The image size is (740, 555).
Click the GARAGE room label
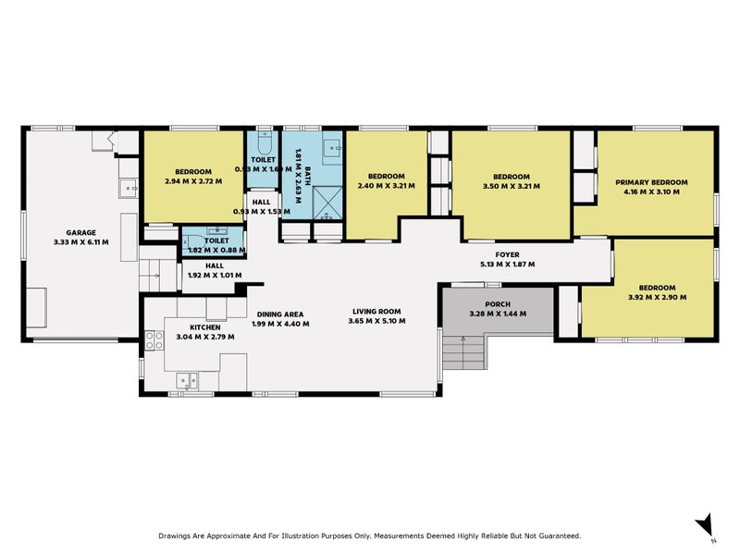[80, 233]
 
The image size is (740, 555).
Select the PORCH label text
[497, 303]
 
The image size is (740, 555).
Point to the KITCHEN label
[204, 327]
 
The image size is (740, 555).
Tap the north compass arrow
[705, 524]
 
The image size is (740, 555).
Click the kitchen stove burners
[150, 339]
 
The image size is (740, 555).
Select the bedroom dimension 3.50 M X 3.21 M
[511, 186]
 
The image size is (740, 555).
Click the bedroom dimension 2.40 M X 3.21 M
[386, 186]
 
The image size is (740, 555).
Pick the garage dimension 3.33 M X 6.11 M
[80, 242]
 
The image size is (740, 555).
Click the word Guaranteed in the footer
[552, 536]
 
